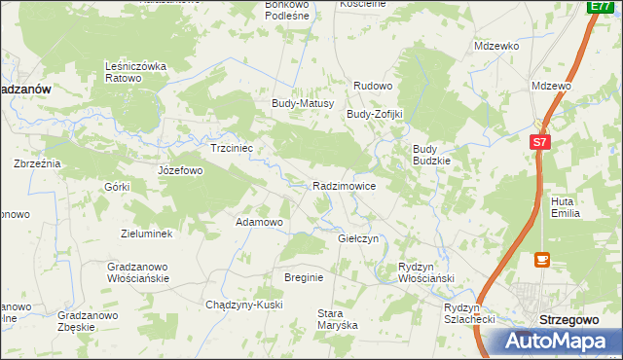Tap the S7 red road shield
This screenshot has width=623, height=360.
pos(541,142)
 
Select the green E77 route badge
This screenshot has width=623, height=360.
pos(600,7)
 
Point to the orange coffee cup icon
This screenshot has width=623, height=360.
pos(542,260)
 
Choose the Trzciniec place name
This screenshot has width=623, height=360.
pos(232,149)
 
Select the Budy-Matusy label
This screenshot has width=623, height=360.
pos(303,103)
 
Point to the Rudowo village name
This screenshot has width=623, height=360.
pos(372,87)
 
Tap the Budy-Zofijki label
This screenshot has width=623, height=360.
pos(375,114)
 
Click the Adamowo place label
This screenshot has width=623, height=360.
pos(260,222)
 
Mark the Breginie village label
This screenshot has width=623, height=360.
pos(304,277)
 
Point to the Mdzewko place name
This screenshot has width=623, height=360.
pos(496,46)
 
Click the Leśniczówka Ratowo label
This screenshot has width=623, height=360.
pos(137,72)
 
